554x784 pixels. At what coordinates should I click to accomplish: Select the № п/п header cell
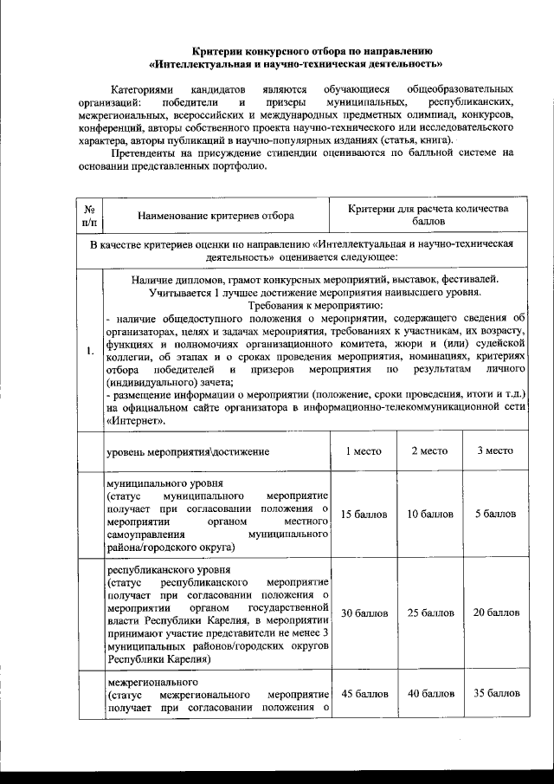pos(88,217)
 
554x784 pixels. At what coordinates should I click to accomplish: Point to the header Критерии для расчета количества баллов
pos(428,217)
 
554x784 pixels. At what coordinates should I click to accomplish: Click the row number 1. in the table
pos(89,351)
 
